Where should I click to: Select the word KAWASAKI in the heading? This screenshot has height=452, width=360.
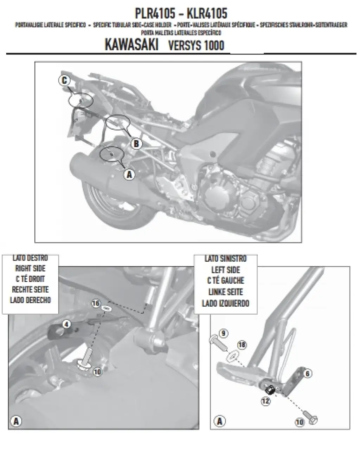point(131,45)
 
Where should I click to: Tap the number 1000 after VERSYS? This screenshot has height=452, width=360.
point(213,46)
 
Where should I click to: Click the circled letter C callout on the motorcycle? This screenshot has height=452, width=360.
point(64,81)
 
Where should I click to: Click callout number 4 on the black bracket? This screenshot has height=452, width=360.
point(66,324)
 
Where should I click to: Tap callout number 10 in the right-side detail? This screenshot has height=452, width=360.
point(97,371)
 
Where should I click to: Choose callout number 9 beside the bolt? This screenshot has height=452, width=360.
point(224,333)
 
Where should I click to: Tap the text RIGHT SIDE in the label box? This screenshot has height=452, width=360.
point(30,269)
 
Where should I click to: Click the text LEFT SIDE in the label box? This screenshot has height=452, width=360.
point(225,270)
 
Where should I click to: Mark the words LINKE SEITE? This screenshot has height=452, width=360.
point(225,292)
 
